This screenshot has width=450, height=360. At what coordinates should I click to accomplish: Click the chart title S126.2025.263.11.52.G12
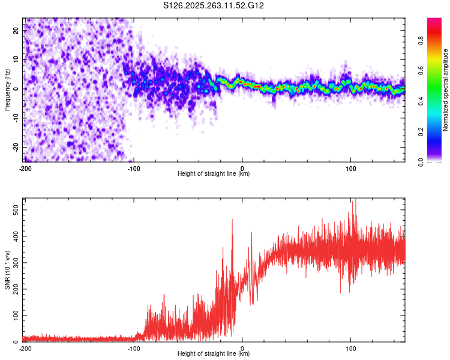[214, 5]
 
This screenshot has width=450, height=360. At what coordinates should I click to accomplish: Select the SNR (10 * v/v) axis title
[7, 269]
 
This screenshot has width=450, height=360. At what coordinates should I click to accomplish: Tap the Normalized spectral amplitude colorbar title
[446, 90]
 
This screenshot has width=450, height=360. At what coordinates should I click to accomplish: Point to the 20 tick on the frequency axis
[17, 30]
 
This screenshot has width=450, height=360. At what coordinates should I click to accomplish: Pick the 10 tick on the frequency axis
[17, 59]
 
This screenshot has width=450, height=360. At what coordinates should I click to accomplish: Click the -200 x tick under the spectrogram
[25, 168]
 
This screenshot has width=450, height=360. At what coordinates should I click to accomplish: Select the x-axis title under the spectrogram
[214, 174]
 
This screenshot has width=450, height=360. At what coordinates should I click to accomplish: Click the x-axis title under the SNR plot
[214, 354]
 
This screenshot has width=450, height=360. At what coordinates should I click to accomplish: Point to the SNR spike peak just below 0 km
[232, 220]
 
